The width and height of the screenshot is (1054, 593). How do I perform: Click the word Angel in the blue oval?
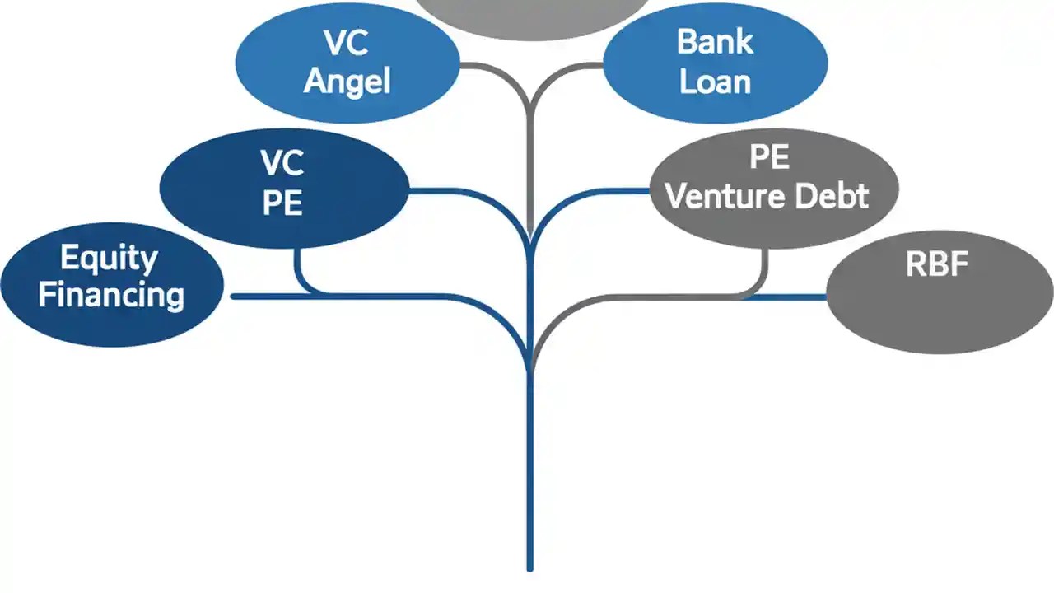347,82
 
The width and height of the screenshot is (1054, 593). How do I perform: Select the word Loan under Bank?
715,82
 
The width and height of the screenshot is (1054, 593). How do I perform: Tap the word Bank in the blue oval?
715,42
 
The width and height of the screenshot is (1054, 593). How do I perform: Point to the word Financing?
111,295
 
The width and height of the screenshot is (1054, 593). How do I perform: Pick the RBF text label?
936,264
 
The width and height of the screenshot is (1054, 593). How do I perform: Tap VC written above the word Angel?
347,44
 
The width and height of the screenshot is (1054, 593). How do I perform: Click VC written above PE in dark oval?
282,164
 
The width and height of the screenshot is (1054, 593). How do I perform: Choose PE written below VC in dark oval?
282,203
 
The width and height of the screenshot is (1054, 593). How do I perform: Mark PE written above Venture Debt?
769,157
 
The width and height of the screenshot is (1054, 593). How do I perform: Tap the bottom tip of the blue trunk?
529,567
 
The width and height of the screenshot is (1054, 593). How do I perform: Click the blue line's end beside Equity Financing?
236,296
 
